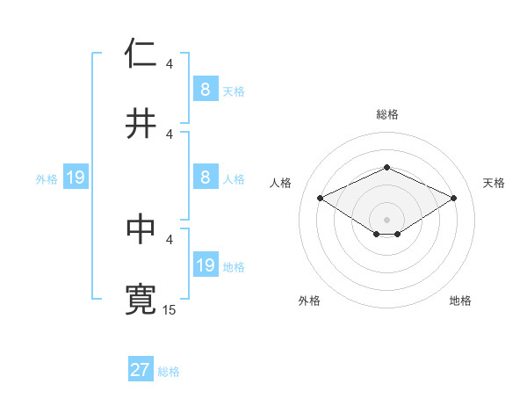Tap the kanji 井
(x=141, y=123)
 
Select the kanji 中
(x=141, y=228)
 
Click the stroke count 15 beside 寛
(x=170, y=309)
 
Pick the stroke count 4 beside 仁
(x=170, y=63)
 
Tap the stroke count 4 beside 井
(x=170, y=134)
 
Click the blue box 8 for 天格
(x=205, y=89)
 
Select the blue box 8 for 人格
(x=205, y=178)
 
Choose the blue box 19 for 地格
(x=205, y=265)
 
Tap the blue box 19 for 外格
(x=75, y=178)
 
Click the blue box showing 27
(x=140, y=370)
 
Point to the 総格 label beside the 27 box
(x=169, y=372)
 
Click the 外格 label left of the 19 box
(x=47, y=179)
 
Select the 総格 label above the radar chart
(x=386, y=114)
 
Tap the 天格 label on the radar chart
(x=495, y=183)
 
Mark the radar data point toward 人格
(x=320, y=198)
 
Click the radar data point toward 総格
(x=386, y=167)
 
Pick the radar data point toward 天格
(x=453, y=198)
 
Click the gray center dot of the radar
(x=386, y=219)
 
